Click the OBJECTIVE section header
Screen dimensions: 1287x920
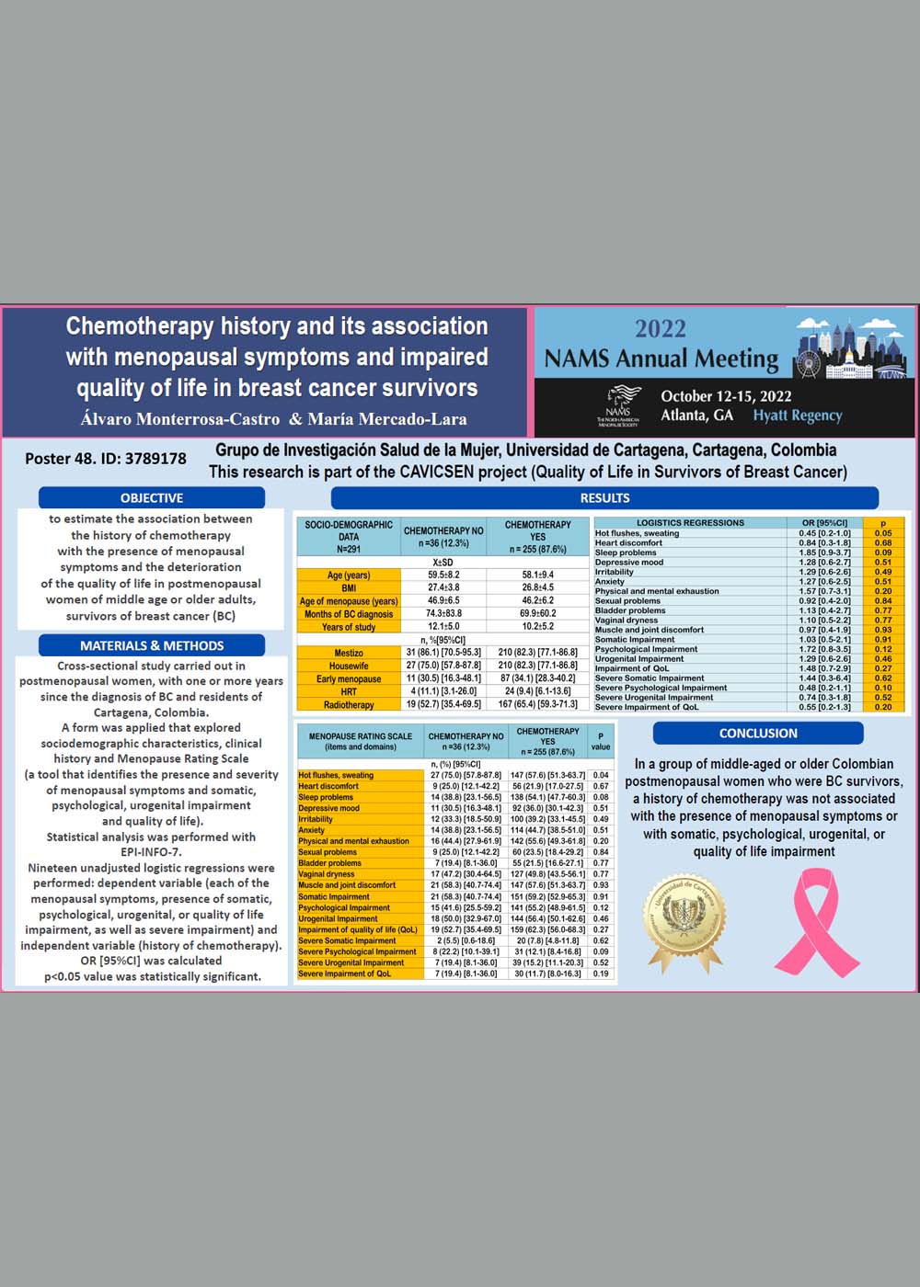click(152, 497)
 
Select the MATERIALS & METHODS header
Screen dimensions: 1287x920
click(152, 645)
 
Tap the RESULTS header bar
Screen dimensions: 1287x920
click(604, 497)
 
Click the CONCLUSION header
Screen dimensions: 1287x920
click(758, 733)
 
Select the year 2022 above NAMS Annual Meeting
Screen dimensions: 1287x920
click(661, 329)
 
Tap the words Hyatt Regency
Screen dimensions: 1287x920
click(798, 416)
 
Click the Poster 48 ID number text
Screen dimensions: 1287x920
click(106, 458)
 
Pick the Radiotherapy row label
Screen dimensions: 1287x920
click(349, 705)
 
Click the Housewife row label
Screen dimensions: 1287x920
click(349, 666)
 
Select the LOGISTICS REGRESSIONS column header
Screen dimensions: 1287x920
click(690, 523)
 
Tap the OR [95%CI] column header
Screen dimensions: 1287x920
click(824, 523)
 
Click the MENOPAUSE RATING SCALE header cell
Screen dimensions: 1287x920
click(361, 741)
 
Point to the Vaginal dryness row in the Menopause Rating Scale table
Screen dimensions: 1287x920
click(327, 874)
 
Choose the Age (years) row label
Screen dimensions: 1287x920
click(349, 575)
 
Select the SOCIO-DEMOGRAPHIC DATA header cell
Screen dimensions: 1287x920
click(349, 537)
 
